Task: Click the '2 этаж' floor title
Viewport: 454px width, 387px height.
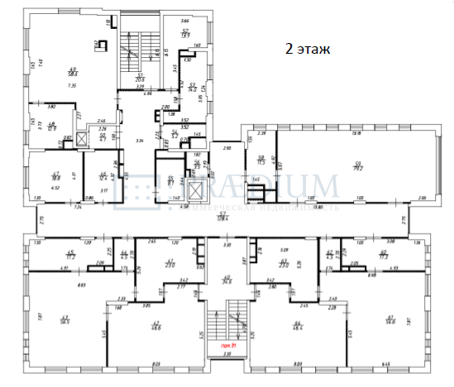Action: click(x=308, y=49)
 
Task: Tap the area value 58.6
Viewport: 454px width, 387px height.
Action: click(x=73, y=73)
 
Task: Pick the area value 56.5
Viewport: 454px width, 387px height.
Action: click(x=65, y=320)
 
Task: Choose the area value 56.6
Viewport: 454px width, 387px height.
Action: click(x=389, y=320)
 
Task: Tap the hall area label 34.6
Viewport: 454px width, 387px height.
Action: click(x=227, y=280)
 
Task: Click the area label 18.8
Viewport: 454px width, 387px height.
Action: click(x=56, y=176)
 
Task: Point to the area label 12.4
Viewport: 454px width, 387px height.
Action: click(x=103, y=176)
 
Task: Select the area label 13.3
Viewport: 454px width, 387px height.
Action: click(x=186, y=34)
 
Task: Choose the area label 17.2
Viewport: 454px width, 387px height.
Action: click(x=71, y=256)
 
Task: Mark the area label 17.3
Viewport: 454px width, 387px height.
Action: click(x=384, y=256)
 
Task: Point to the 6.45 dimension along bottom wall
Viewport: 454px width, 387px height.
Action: click(x=385, y=362)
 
